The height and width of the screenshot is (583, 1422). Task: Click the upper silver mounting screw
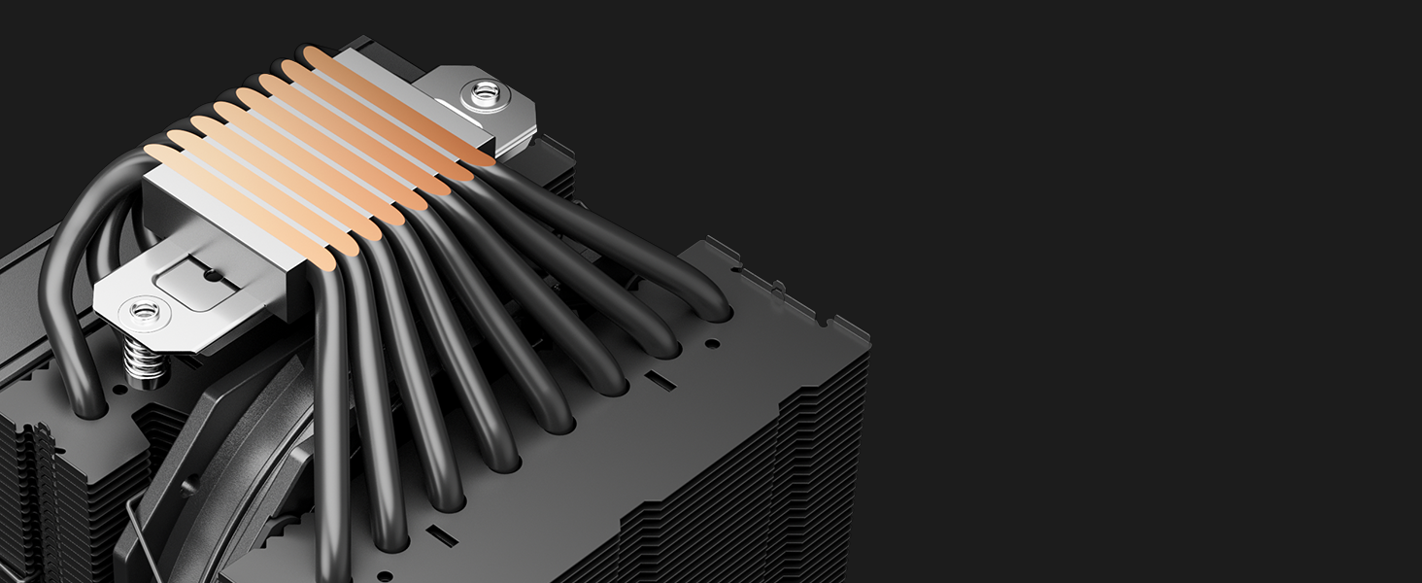tap(484, 93)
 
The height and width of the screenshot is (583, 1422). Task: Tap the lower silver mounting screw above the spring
tap(144, 313)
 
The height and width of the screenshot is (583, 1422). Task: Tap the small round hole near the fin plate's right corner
tap(712, 343)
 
